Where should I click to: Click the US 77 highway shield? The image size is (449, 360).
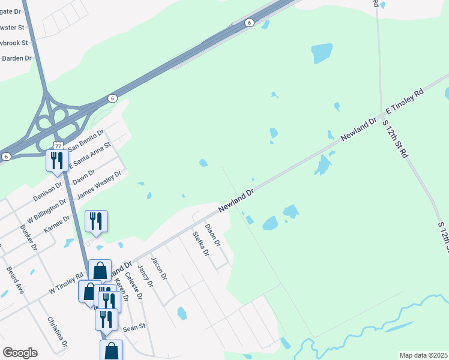58,146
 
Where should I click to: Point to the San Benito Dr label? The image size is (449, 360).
86,139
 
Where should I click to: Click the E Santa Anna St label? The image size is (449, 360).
90,154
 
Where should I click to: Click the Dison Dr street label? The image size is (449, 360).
213,236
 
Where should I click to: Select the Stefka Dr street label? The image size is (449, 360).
200,244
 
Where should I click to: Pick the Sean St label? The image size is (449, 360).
134,328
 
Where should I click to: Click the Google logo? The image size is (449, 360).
20,353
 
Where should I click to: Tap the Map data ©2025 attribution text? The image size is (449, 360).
423,355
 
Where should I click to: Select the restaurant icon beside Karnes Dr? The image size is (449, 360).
96,221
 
